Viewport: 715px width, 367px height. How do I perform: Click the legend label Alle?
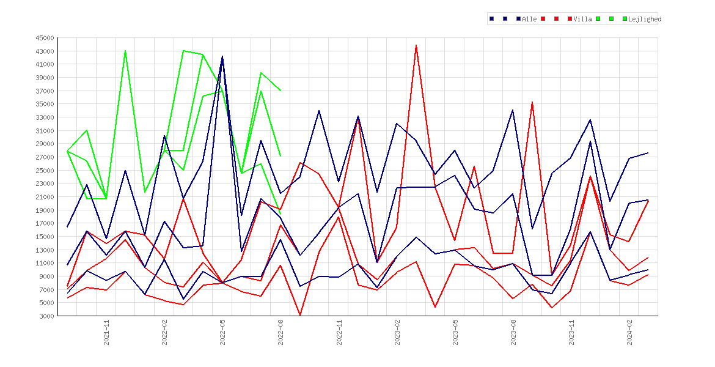point(529,19)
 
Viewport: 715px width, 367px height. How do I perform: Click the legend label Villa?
point(583,19)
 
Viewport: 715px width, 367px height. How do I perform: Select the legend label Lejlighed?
point(645,19)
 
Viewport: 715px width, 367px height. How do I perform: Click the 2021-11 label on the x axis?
point(106,333)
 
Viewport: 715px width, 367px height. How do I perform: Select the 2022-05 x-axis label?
point(222,333)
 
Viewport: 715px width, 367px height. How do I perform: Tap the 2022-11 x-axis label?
point(339,333)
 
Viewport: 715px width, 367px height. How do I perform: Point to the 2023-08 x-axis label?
point(513,333)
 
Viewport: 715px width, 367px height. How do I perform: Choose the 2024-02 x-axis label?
point(629,333)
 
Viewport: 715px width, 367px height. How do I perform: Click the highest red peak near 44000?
point(416,45)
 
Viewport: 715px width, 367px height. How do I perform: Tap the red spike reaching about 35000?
point(532,102)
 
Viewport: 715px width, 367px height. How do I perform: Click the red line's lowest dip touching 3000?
point(299,315)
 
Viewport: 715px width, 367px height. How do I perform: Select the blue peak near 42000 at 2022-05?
point(222,57)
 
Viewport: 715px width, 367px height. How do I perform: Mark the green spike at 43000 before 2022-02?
point(125,51)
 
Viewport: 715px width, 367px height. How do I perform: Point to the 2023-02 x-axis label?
point(397,333)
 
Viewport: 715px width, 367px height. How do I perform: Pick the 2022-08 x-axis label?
point(280,333)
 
